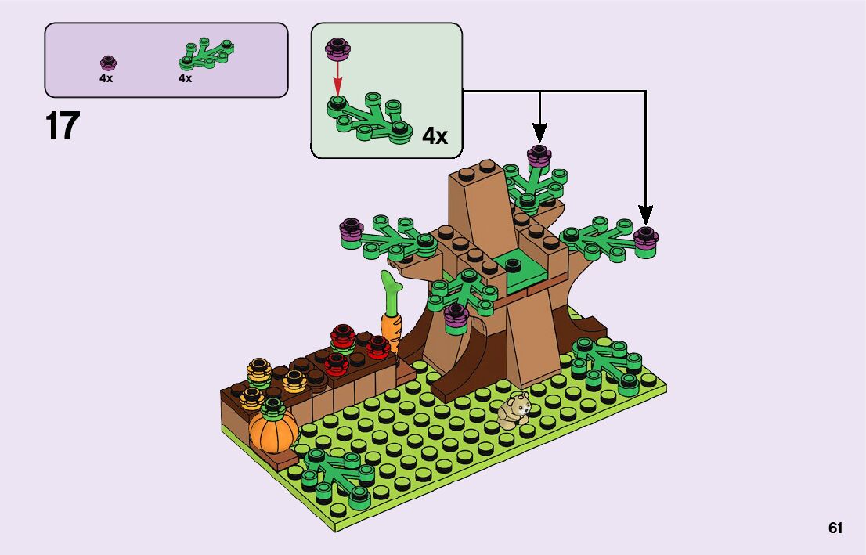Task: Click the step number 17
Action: (63, 127)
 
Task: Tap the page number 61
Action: (835, 528)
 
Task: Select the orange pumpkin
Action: (273, 430)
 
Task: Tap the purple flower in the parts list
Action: (107, 62)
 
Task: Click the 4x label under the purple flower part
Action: (106, 78)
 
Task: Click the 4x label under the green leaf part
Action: (186, 78)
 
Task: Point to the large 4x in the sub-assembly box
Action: (435, 136)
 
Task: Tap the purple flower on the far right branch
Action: (645, 236)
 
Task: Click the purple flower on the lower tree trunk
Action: (455, 314)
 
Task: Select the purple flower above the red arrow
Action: (337, 49)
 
